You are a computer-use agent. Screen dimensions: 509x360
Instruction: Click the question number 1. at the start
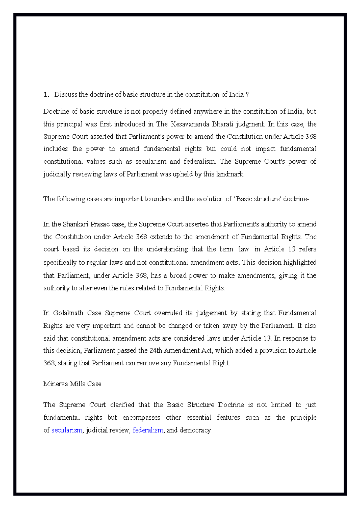point(46,95)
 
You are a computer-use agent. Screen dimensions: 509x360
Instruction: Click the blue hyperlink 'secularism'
point(67,430)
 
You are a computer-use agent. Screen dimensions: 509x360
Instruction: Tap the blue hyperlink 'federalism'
point(148,430)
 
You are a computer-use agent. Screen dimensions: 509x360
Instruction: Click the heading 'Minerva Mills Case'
point(72,384)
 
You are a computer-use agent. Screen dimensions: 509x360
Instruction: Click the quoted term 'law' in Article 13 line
point(244,249)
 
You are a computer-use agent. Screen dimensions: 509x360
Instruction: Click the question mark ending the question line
point(247,95)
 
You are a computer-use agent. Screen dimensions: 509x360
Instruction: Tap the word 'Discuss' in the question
point(66,95)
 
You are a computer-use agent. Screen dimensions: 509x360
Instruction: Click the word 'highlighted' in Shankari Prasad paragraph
point(300,263)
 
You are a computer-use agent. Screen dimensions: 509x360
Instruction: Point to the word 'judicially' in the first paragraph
point(57,174)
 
